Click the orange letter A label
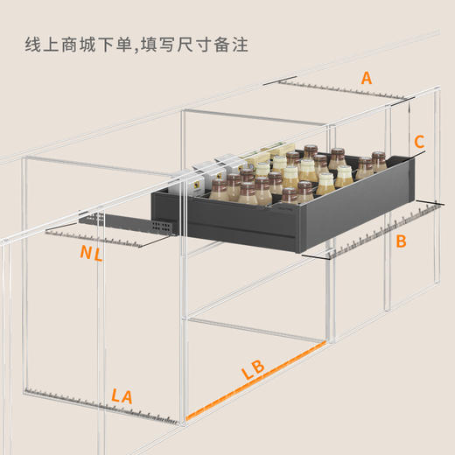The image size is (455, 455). coord(367,79)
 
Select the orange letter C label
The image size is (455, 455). coord(419,141)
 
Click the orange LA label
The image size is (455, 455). coord(122,396)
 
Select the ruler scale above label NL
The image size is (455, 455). coord(96,238)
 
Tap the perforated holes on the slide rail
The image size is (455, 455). coord(159,226)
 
